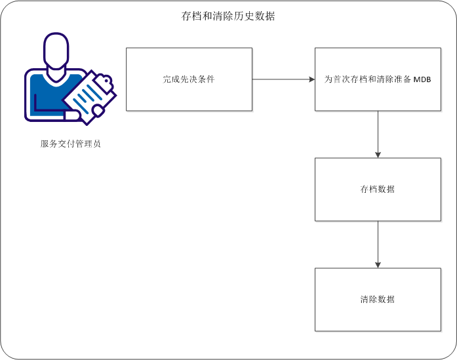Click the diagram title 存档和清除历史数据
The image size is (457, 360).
pos(228,16)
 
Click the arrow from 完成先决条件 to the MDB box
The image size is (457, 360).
pos(282,79)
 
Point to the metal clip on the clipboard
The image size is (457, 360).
pos(103,80)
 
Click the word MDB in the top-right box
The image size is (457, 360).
pos(422,79)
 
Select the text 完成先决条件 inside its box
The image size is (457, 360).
pos(189,79)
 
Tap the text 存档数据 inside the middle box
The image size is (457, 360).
pos(377,190)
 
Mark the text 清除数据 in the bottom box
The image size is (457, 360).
pos(377,300)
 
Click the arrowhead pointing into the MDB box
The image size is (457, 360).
pos(311,79)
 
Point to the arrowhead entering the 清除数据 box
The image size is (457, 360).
pos(378,264)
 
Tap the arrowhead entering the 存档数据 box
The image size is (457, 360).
pos(378,154)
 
